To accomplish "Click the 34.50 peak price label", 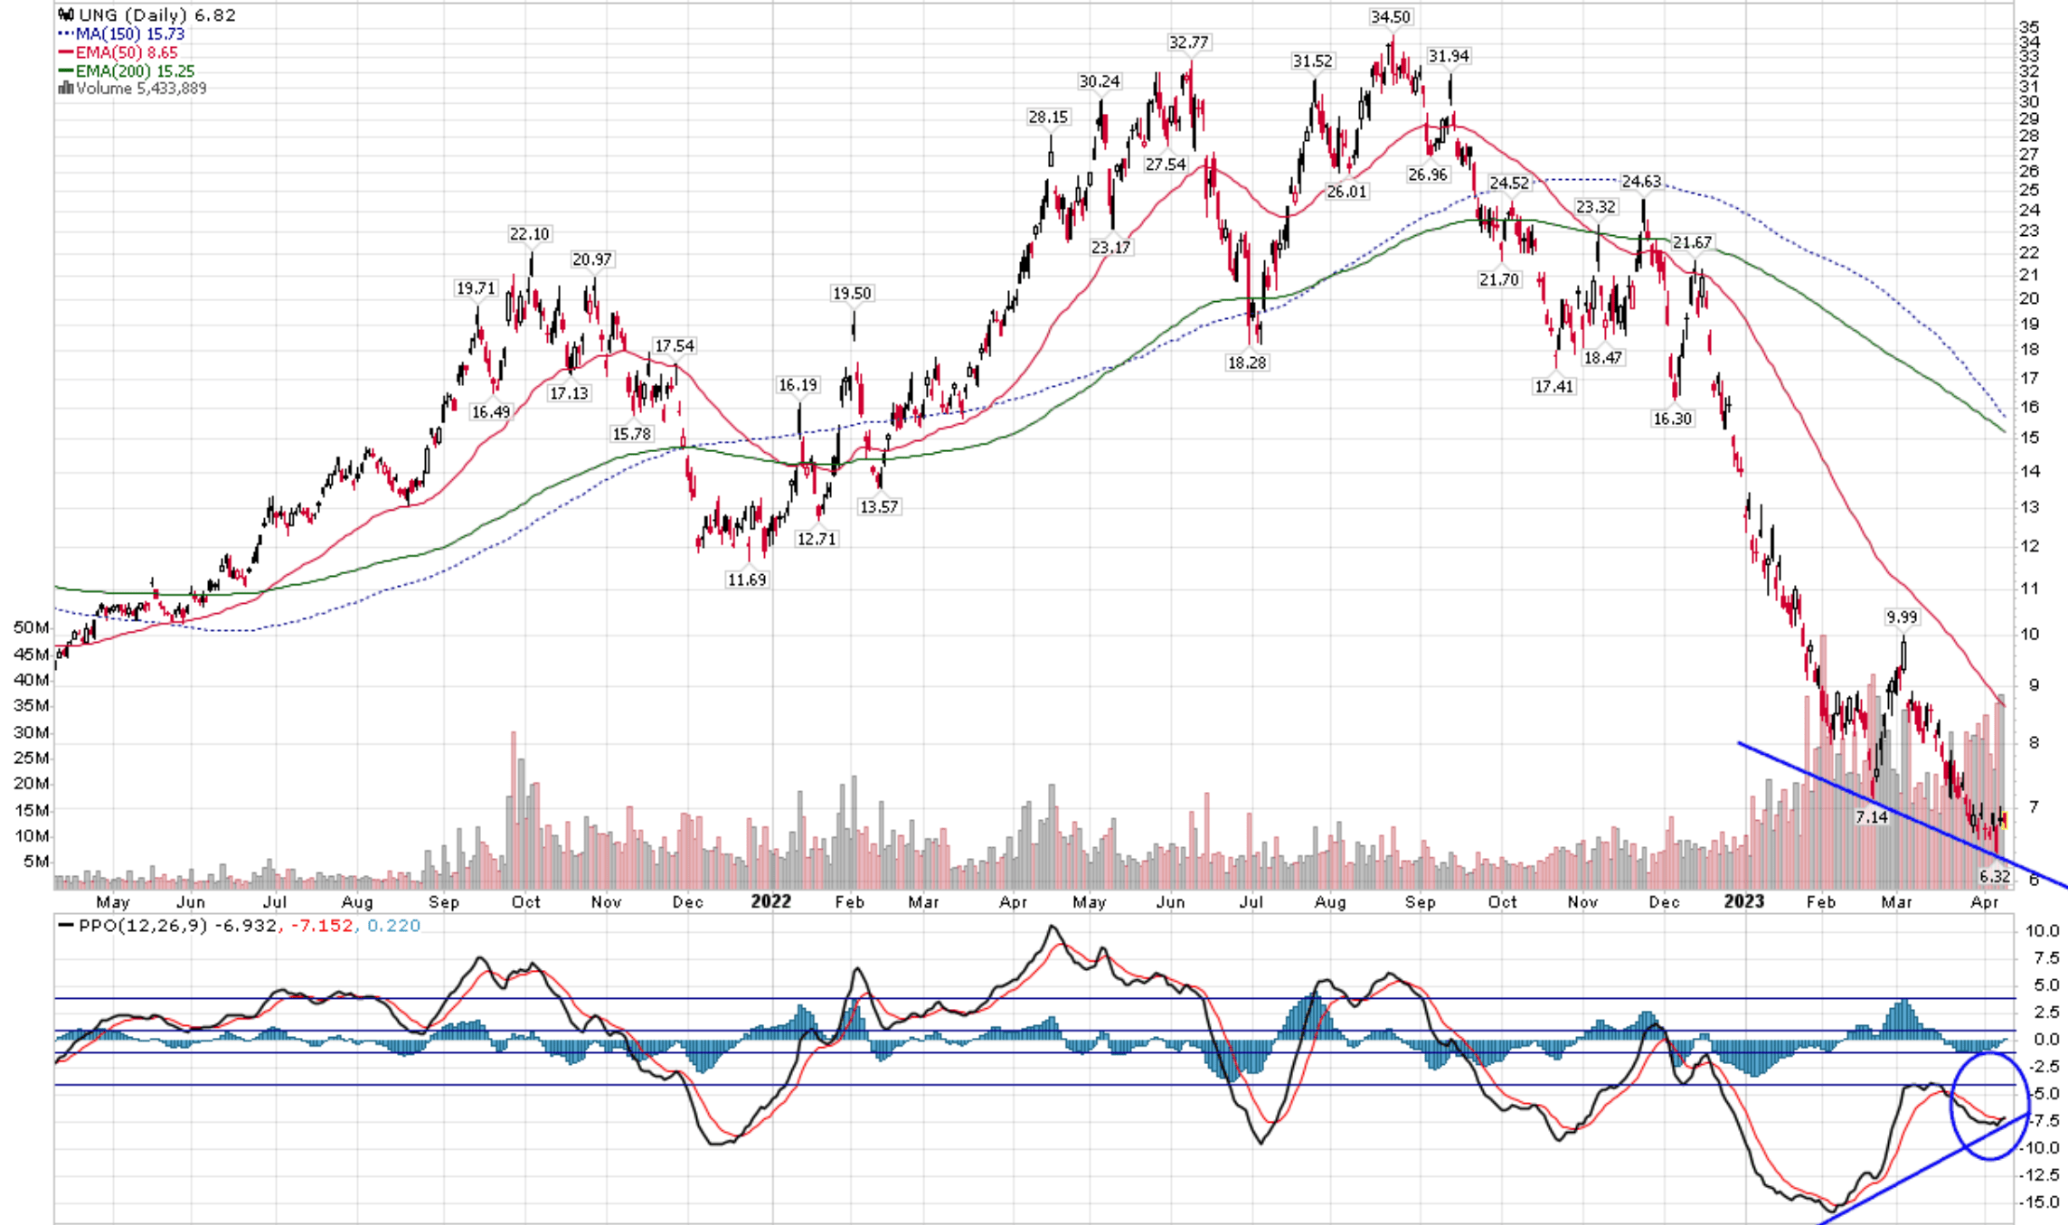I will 1390,17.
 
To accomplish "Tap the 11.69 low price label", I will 747,580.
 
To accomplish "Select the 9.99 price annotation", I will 1901,617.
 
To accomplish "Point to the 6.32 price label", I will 1994,876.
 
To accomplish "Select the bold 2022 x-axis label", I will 770,901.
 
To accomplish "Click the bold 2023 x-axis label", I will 1743,901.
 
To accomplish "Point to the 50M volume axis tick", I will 31,627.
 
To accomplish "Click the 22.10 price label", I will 529,234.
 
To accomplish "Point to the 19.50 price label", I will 852,294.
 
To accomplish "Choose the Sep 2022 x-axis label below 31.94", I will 1420,902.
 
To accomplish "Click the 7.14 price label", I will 1871,817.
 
